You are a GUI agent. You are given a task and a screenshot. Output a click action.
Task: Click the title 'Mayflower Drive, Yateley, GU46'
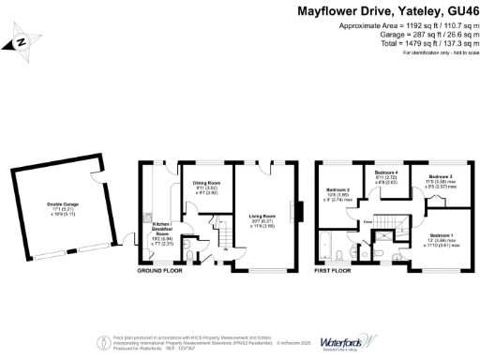(389, 12)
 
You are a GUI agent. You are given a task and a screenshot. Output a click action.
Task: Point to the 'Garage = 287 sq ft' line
(417, 35)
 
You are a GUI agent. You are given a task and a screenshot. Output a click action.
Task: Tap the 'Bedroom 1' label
(440, 234)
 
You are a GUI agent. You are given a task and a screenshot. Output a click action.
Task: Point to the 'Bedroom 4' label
(386, 173)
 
